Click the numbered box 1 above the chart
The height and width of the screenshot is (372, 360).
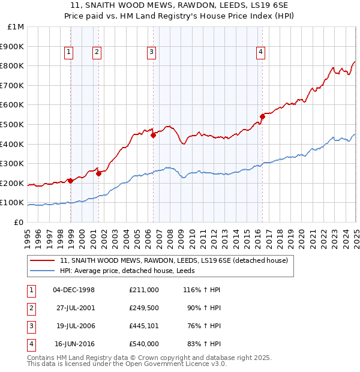(69, 53)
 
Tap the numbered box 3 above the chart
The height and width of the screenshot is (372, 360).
(151, 53)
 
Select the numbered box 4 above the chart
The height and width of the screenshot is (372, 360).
(261, 53)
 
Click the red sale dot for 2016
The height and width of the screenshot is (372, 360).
(262, 116)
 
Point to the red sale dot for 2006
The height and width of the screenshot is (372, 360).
(153, 135)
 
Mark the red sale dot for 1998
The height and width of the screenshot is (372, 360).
(71, 181)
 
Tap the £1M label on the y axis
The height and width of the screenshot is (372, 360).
(16, 26)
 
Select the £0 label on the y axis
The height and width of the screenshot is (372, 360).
(19, 222)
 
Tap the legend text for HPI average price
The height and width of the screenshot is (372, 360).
(131, 271)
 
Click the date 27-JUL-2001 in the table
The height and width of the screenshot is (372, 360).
(74, 309)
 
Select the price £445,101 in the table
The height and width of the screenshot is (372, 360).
(143, 326)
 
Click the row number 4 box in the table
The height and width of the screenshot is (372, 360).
(31, 344)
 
